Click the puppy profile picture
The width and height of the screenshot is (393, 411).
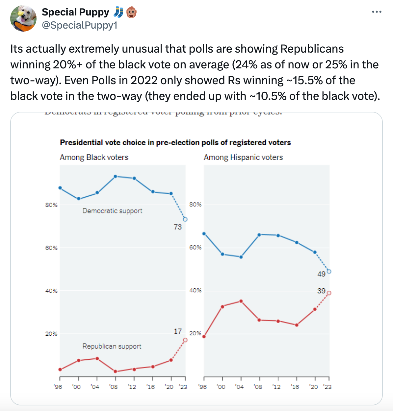point(23,18)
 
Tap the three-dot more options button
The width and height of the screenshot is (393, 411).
point(376,12)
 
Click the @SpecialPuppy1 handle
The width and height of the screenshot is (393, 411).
point(79,25)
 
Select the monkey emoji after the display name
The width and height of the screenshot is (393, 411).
point(131,12)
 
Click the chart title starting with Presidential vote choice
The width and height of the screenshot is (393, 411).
point(175,142)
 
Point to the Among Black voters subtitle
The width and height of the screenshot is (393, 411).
point(94,157)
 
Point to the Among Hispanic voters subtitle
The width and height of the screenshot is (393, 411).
point(243,157)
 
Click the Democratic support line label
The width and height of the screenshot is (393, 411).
point(112,211)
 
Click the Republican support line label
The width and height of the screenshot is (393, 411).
point(112,346)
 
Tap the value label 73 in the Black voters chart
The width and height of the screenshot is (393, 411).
point(178,227)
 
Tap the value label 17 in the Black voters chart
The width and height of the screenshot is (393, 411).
point(178,331)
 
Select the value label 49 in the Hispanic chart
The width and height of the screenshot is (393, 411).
point(321,274)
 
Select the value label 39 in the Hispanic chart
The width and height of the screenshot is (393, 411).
point(321,291)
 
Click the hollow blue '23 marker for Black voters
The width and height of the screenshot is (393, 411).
point(185,219)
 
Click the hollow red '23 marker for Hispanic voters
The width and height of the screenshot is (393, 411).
point(329,293)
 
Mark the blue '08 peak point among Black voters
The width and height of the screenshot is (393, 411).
point(115,177)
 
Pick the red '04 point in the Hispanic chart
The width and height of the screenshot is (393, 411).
point(241,301)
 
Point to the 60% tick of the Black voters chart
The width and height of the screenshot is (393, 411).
point(51,248)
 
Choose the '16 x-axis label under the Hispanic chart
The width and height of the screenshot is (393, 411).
point(295,387)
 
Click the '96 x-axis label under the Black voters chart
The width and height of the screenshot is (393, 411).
point(58,387)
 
